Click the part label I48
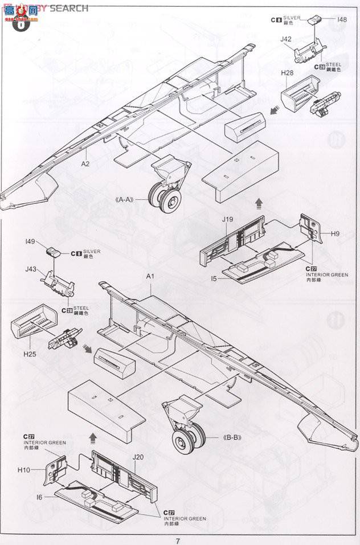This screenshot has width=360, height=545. click(342, 19)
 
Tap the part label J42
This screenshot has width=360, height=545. click(286, 39)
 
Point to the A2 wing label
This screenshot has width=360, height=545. click(85, 163)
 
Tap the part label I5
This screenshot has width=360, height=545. click(214, 279)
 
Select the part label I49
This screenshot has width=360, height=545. click(31, 242)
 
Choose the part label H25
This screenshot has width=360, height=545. click(30, 354)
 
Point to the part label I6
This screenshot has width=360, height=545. click(39, 497)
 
